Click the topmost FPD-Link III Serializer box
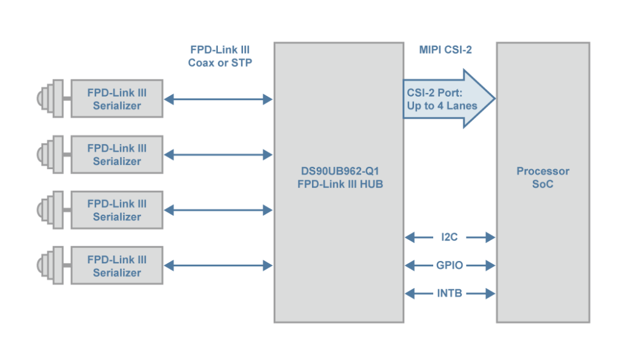tap(117, 98)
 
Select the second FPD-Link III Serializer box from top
tap(117, 154)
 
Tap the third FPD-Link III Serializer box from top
tap(117, 210)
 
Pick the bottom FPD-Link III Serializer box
tap(117, 266)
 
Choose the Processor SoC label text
tap(543, 177)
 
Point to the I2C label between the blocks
tap(450, 237)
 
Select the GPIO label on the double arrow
tap(450, 265)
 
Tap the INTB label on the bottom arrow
tap(450, 294)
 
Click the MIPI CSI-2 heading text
tap(445, 50)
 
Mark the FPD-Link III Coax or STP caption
tap(220, 56)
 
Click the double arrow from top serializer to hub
tap(218, 98)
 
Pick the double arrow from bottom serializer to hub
tap(218, 266)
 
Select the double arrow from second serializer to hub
tap(218, 154)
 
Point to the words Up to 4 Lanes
tap(442, 106)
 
